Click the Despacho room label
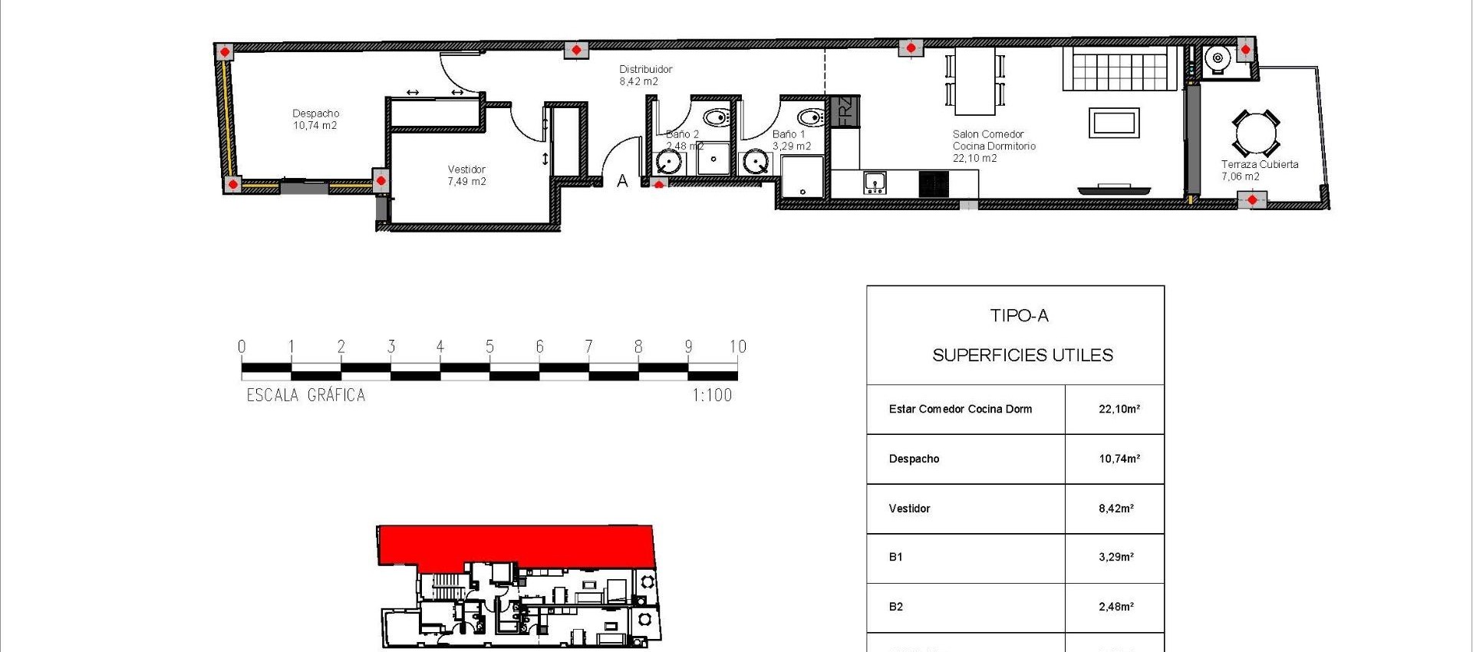click(315, 114)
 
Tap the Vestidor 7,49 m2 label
click(466, 176)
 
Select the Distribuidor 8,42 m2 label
click(645, 75)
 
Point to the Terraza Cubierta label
click(1260, 164)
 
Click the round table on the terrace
click(1255, 133)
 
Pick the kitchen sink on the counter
click(875, 183)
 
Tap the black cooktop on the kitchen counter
click(934, 184)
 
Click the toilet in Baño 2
click(717, 118)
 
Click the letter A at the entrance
click(622, 181)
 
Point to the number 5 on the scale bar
click(489, 347)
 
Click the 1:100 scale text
click(712, 396)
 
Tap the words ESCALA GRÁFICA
click(306, 396)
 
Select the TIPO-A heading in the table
click(1019, 315)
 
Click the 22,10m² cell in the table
click(1119, 409)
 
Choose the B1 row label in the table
click(895, 557)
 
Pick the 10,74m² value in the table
click(1119, 459)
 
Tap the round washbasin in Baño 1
click(756, 163)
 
